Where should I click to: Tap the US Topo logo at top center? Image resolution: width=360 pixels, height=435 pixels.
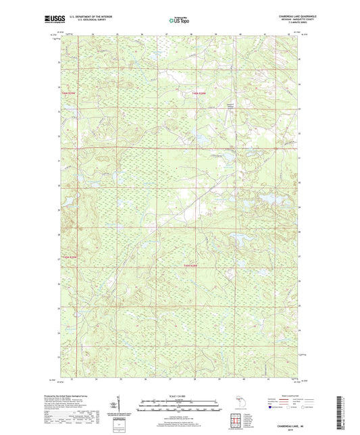pos(179,21)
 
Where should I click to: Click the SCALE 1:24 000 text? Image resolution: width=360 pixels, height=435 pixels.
pos(180,395)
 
